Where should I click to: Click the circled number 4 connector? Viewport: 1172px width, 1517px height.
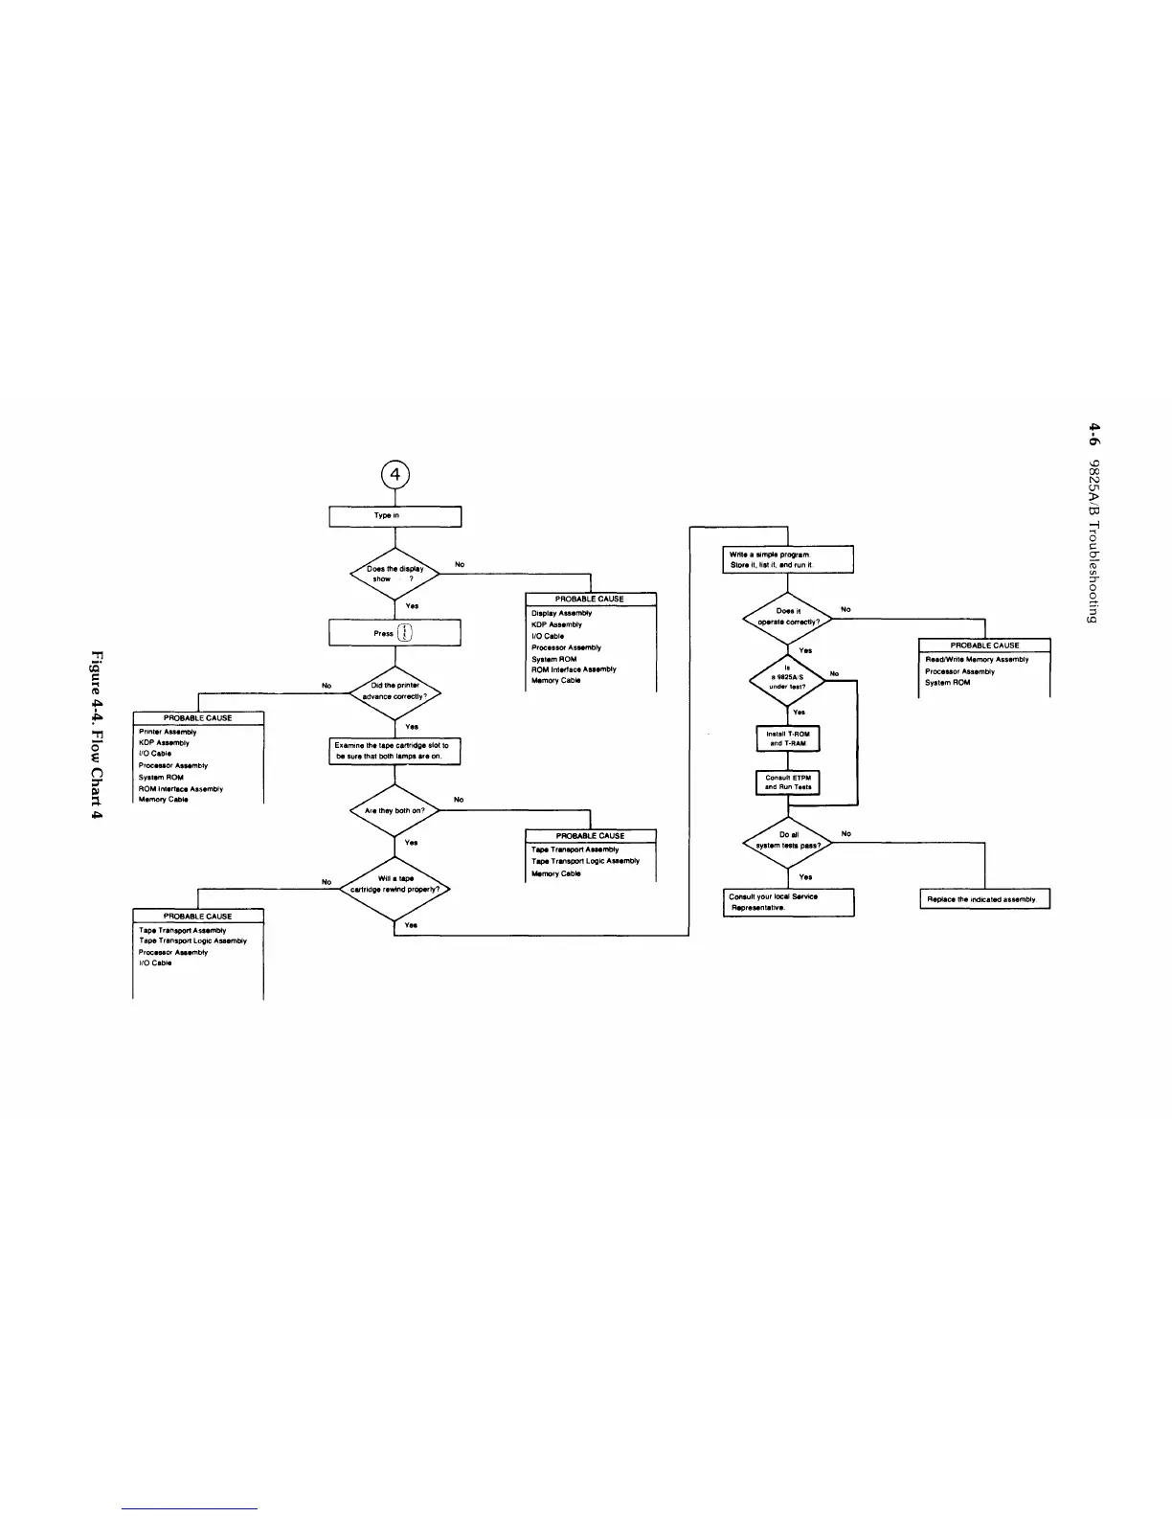coord(395,474)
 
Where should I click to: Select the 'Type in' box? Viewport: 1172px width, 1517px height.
coord(395,516)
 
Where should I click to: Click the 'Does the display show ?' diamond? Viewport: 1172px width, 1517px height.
coord(395,574)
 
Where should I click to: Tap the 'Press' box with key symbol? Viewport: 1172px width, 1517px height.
coord(395,633)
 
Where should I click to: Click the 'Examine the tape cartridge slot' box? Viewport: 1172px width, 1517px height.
coord(395,750)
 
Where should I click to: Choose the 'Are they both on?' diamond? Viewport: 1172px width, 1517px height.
coord(395,810)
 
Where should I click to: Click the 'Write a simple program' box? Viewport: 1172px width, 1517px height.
coord(787,559)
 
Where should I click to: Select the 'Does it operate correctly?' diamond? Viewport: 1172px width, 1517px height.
coord(787,616)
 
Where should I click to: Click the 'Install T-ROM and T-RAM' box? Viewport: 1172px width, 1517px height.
coord(787,738)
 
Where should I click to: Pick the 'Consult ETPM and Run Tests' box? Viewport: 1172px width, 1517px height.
coord(787,782)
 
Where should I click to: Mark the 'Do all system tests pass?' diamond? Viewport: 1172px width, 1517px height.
coord(787,840)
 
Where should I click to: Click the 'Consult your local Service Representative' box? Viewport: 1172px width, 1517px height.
coord(787,901)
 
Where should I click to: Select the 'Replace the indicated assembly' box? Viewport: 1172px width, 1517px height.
coord(983,899)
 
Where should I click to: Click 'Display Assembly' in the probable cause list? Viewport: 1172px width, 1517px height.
coord(562,613)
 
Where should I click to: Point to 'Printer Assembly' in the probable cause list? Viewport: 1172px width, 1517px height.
coord(168,732)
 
